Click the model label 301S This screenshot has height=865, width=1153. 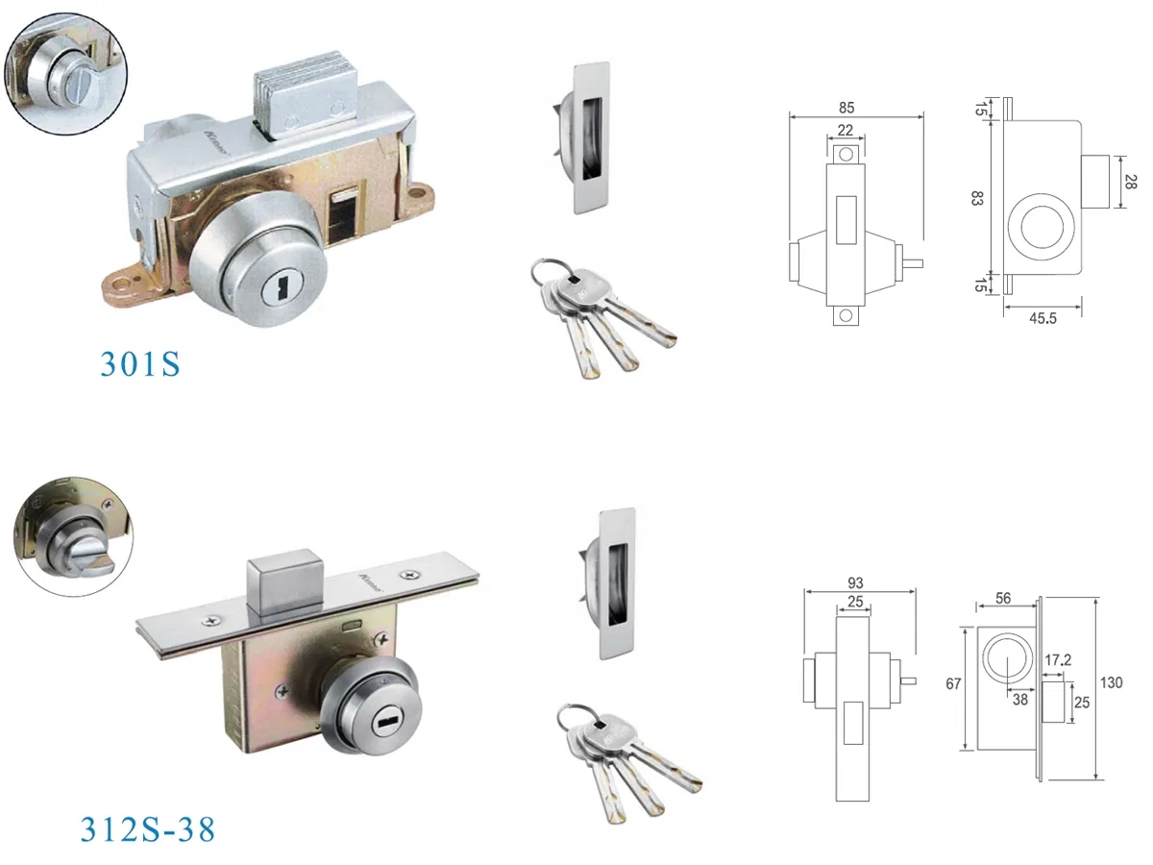(x=140, y=363)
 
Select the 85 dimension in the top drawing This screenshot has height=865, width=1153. (x=846, y=108)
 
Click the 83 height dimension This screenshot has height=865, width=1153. (x=977, y=199)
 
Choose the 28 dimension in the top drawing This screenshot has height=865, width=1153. (x=1131, y=182)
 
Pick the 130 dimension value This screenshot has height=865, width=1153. (x=1111, y=683)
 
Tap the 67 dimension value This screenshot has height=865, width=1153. (x=952, y=684)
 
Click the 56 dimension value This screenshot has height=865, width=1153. (x=1001, y=598)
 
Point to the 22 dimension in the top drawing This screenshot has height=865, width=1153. (x=846, y=130)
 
